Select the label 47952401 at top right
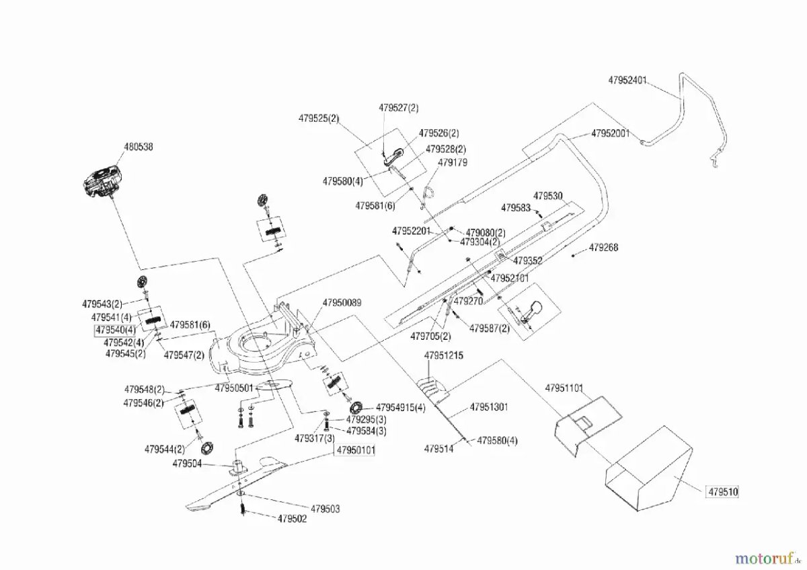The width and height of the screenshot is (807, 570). pyautogui.click(x=627, y=79)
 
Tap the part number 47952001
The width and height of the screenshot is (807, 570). pyautogui.click(x=611, y=133)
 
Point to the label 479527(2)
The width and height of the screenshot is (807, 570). pyautogui.click(x=398, y=108)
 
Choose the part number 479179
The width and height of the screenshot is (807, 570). pyautogui.click(x=452, y=163)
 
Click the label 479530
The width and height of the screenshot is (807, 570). pyautogui.click(x=548, y=195)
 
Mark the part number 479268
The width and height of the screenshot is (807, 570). pyautogui.click(x=603, y=248)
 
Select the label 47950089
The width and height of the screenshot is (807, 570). pyautogui.click(x=342, y=303)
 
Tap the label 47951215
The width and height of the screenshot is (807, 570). pyautogui.click(x=444, y=355)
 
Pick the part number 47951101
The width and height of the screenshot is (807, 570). pyautogui.click(x=564, y=388)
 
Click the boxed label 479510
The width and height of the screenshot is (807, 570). pyautogui.click(x=723, y=492)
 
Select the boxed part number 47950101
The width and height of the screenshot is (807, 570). pyautogui.click(x=356, y=450)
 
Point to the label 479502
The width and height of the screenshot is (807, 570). pyautogui.click(x=292, y=519)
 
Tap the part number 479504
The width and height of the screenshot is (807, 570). pyautogui.click(x=186, y=463)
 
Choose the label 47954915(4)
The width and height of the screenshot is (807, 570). pyautogui.click(x=401, y=408)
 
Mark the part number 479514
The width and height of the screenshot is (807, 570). pyautogui.click(x=438, y=448)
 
